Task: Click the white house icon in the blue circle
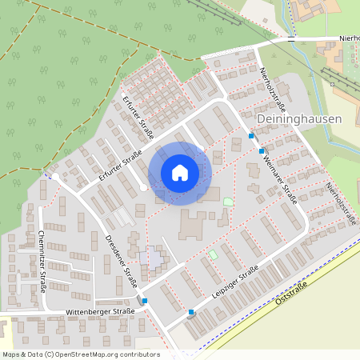180,173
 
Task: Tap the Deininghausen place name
299,118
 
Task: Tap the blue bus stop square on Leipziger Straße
191,312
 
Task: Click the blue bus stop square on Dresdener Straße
145,302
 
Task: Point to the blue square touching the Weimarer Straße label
262,150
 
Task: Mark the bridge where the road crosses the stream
291,38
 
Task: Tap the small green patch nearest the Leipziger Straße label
213,254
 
